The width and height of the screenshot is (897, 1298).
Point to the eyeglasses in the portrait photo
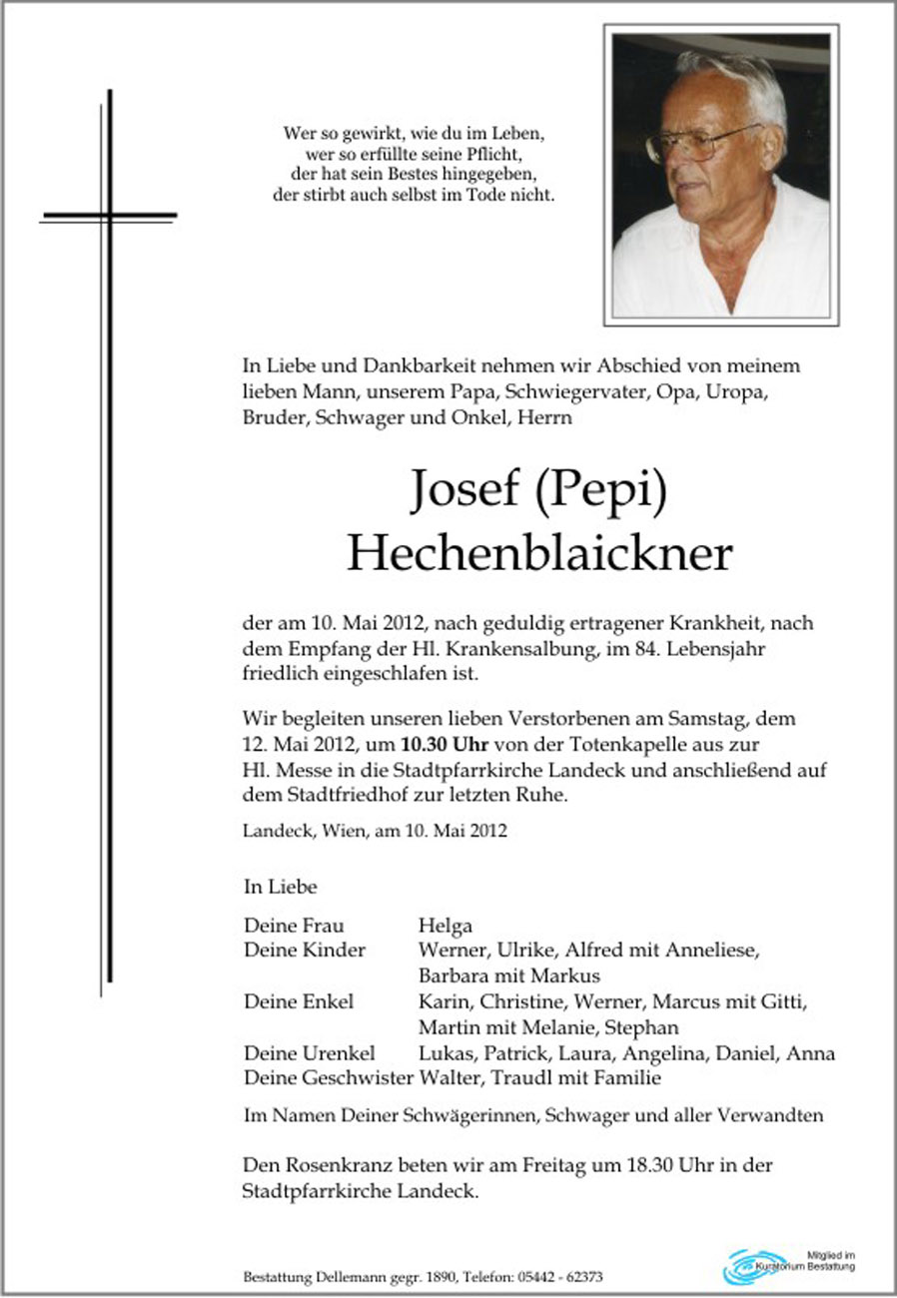[699, 142]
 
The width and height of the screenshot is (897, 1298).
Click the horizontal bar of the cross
[109, 216]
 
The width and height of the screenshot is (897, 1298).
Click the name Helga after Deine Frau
[446, 926]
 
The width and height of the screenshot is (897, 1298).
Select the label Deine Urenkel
[309, 1053]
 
